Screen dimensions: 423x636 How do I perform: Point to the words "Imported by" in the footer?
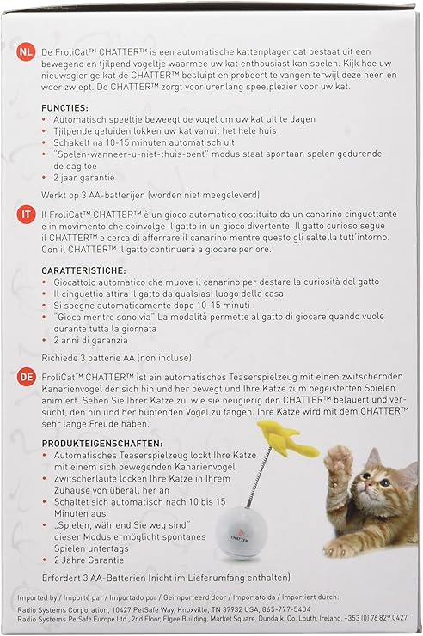pyautogui.click(x=40, y=593)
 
